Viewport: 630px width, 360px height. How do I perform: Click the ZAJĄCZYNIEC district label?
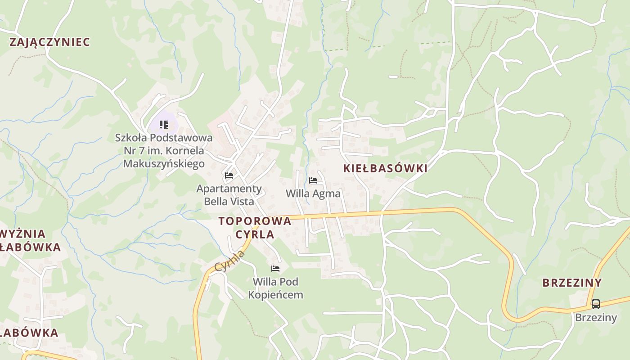[49, 42]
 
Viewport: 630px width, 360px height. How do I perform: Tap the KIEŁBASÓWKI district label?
[385, 168]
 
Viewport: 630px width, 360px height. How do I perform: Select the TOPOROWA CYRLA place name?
[255, 227]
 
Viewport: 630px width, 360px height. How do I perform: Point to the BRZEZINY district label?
[571, 283]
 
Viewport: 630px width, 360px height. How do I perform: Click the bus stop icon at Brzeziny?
[595, 304]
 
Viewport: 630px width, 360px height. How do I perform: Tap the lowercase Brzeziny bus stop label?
[596, 317]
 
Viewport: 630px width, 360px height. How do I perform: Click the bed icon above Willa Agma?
[313, 180]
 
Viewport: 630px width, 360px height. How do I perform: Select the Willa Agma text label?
[313, 193]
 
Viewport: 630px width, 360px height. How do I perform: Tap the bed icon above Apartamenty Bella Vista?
[229, 175]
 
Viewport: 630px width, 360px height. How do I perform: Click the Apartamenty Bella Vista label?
[229, 194]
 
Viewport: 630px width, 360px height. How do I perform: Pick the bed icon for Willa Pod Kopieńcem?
[275, 269]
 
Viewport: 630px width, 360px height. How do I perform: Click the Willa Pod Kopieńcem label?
[275, 288]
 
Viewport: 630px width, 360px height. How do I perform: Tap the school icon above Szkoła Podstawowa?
[164, 124]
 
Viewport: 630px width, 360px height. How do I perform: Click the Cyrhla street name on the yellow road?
[230, 261]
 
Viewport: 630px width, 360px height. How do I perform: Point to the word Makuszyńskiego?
[164, 163]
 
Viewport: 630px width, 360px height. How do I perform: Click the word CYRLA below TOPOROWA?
[255, 234]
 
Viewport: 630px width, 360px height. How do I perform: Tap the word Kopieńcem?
[275, 295]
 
